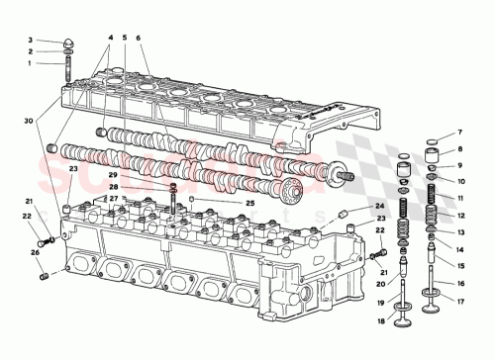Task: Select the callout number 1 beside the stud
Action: click(x=30, y=63)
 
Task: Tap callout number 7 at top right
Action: click(x=461, y=132)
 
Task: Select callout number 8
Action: click(x=461, y=148)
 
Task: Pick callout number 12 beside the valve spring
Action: click(x=461, y=215)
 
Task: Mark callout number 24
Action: click(x=380, y=206)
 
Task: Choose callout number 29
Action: click(x=142, y=174)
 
